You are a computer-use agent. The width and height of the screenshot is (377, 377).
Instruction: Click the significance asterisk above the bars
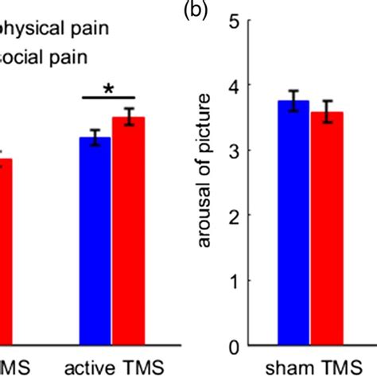113,87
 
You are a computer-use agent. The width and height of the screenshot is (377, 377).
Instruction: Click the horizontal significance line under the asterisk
113,99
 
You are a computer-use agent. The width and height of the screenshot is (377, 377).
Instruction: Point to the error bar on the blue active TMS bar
95,138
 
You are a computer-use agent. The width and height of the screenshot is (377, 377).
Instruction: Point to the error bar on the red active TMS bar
128,117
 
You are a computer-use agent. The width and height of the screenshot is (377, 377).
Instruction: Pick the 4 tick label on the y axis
233,85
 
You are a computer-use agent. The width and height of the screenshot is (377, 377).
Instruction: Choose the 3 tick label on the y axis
233,150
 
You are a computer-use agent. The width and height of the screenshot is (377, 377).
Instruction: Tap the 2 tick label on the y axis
233,216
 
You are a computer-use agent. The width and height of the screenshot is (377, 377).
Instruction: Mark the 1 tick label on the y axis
233,281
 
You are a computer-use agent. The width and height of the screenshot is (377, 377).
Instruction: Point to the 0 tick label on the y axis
233,346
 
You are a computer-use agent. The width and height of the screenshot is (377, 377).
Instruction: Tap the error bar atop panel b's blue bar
293,101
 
